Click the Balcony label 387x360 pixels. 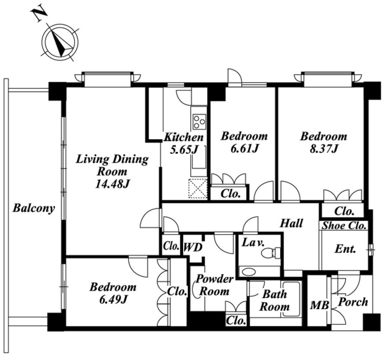[34, 208]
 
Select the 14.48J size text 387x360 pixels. [112, 184]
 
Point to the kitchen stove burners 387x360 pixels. [199, 122]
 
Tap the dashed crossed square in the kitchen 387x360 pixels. [198, 189]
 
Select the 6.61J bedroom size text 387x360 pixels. [245, 149]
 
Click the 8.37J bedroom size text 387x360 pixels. [324, 149]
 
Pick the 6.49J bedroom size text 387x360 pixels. [113, 300]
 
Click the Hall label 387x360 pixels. [291, 223]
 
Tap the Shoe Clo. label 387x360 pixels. [344, 226]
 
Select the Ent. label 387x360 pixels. [345, 249]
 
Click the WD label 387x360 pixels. [193, 248]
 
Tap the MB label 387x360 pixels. [320, 305]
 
